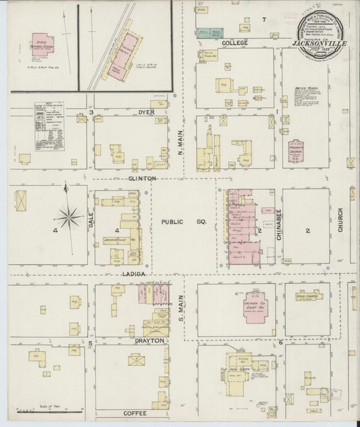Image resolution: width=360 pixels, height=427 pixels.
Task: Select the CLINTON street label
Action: pyautogui.click(x=143, y=178)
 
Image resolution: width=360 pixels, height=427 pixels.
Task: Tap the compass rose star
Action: pyautogui.click(x=68, y=217)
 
